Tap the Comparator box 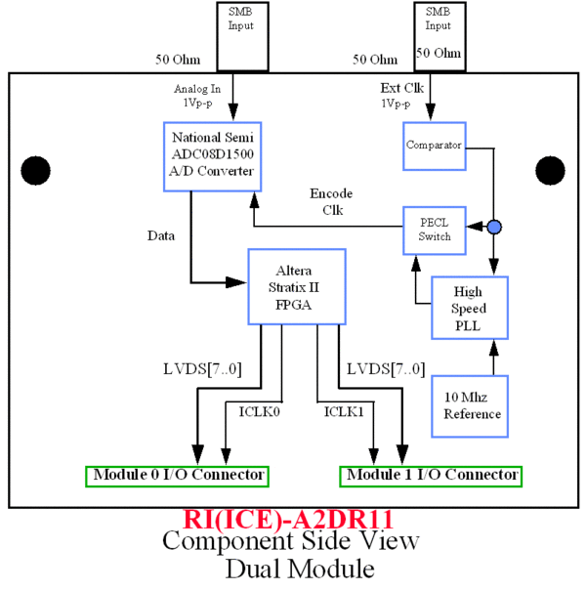pyautogui.click(x=433, y=146)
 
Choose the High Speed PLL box pyautogui.click(x=469, y=308)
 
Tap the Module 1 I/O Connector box pyautogui.click(x=431, y=476)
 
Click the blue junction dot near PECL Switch pyautogui.click(x=494, y=228)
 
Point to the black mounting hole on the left pyautogui.click(x=36, y=169)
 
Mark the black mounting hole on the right pyautogui.click(x=548, y=169)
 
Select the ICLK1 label pyautogui.click(x=344, y=412)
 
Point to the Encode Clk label pyautogui.click(x=330, y=199)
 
